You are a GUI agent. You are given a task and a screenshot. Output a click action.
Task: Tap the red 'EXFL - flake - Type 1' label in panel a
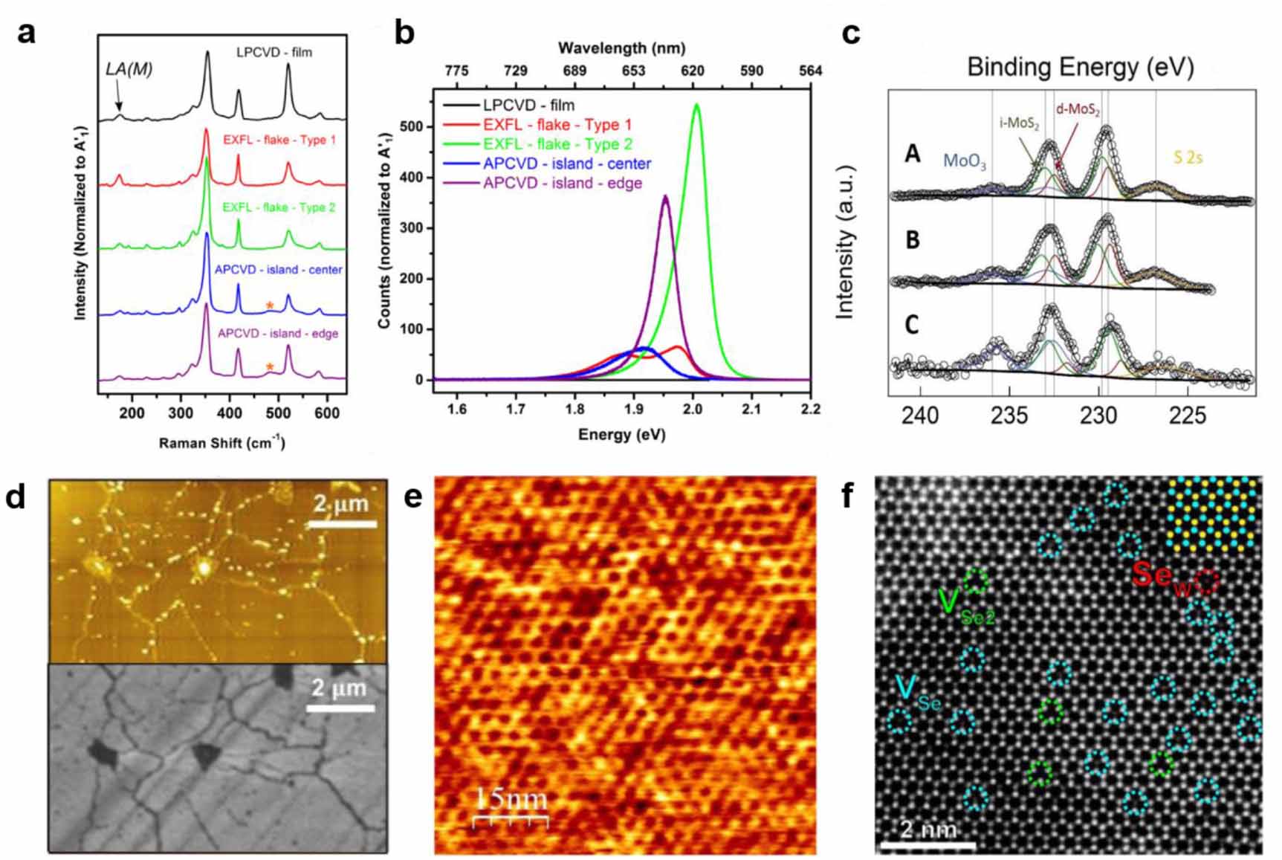(x=279, y=139)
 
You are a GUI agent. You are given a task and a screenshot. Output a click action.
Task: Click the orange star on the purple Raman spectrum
(x=270, y=366)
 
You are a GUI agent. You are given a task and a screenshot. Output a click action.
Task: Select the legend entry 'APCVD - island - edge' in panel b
(x=562, y=183)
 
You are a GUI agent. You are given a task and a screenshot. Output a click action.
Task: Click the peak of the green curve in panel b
(x=696, y=105)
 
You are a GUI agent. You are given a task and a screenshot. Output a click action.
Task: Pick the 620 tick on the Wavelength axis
(x=692, y=71)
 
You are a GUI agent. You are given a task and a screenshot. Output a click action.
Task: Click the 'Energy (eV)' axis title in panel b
(x=621, y=435)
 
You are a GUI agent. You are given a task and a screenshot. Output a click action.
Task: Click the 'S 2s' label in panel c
(x=1188, y=157)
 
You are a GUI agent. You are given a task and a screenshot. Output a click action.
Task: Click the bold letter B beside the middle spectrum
(x=912, y=240)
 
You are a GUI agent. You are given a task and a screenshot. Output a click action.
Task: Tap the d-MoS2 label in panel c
(x=1078, y=111)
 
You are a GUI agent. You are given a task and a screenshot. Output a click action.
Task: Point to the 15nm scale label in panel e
(x=511, y=799)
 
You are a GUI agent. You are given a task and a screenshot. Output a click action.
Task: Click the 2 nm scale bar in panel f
(x=927, y=844)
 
